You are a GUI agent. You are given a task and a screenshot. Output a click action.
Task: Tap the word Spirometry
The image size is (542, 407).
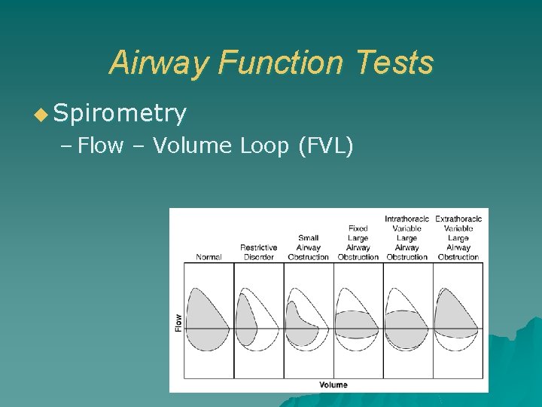click(120, 113)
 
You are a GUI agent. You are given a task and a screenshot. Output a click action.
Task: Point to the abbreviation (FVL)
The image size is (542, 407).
click(325, 145)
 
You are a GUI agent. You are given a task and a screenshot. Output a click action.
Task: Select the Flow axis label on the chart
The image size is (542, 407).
click(178, 322)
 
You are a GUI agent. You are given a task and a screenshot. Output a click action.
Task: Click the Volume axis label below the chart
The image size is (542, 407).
click(333, 384)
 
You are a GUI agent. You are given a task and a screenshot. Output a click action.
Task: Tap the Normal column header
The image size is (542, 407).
click(209, 257)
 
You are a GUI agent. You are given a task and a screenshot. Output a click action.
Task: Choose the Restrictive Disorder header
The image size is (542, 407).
click(258, 252)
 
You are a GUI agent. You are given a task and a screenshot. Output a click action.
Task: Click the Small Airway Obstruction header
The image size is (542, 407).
click(308, 247)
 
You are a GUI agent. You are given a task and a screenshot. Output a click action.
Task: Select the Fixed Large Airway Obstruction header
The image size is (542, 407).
click(358, 242)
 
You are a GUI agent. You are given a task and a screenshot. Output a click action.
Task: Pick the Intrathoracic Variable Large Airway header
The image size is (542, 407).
click(406, 237)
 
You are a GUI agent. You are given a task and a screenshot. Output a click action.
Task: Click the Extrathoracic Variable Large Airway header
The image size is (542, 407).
click(458, 237)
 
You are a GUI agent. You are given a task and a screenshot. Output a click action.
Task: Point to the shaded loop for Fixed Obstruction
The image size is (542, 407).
click(358, 324)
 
